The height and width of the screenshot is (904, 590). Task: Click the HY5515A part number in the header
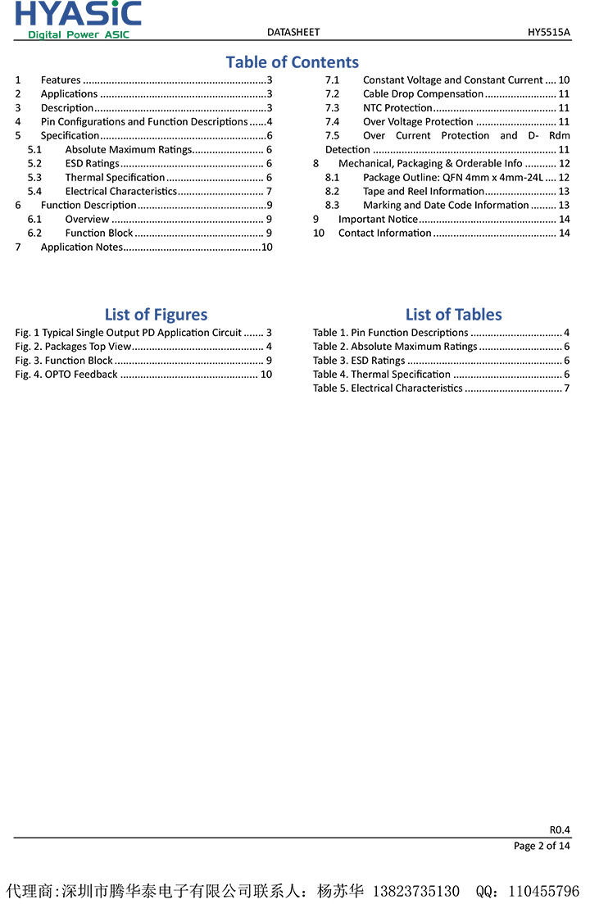click(549, 32)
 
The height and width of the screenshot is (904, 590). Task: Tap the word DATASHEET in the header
click(293, 32)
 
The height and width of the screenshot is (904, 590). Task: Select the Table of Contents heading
click(292, 62)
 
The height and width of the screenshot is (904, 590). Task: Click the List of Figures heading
click(156, 315)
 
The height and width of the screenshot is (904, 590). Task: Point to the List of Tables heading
click(453, 315)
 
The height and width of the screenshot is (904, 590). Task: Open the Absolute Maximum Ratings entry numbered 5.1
click(128, 149)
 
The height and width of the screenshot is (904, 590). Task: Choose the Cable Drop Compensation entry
click(423, 93)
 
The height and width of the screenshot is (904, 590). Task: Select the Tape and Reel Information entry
click(423, 191)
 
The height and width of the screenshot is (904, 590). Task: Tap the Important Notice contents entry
click(378, 219)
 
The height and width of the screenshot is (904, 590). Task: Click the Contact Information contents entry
click(384, 233)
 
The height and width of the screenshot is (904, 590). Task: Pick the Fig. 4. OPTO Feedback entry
click(66, 375)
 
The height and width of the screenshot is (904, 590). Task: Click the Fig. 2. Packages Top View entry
click(73, 347)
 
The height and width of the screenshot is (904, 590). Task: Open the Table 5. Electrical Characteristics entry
click(388, 388)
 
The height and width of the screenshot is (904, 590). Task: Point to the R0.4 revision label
click(560, 829)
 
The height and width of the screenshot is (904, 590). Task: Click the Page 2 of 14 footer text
click(542, 846)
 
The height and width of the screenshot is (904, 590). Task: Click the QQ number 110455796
click(544, 891)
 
